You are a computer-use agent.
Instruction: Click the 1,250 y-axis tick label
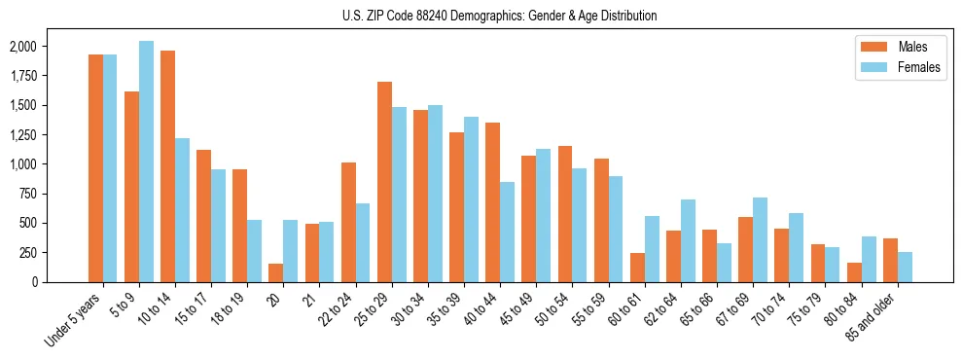(x=23, y=134)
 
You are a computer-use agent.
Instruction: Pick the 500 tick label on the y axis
(x=29, y=223)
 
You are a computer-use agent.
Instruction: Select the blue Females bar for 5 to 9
(x=146, y=162)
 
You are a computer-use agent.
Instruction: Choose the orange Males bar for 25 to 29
(x=384, y=182)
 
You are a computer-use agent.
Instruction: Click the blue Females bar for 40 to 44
(x=508, y=232)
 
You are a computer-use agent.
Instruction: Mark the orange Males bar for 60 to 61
(x=637, y=268)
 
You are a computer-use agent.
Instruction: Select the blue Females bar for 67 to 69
(x=760, y=239)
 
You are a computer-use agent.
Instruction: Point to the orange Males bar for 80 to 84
(x=854, y=272)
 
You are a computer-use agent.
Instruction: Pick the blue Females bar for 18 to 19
(x=255, y=251)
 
